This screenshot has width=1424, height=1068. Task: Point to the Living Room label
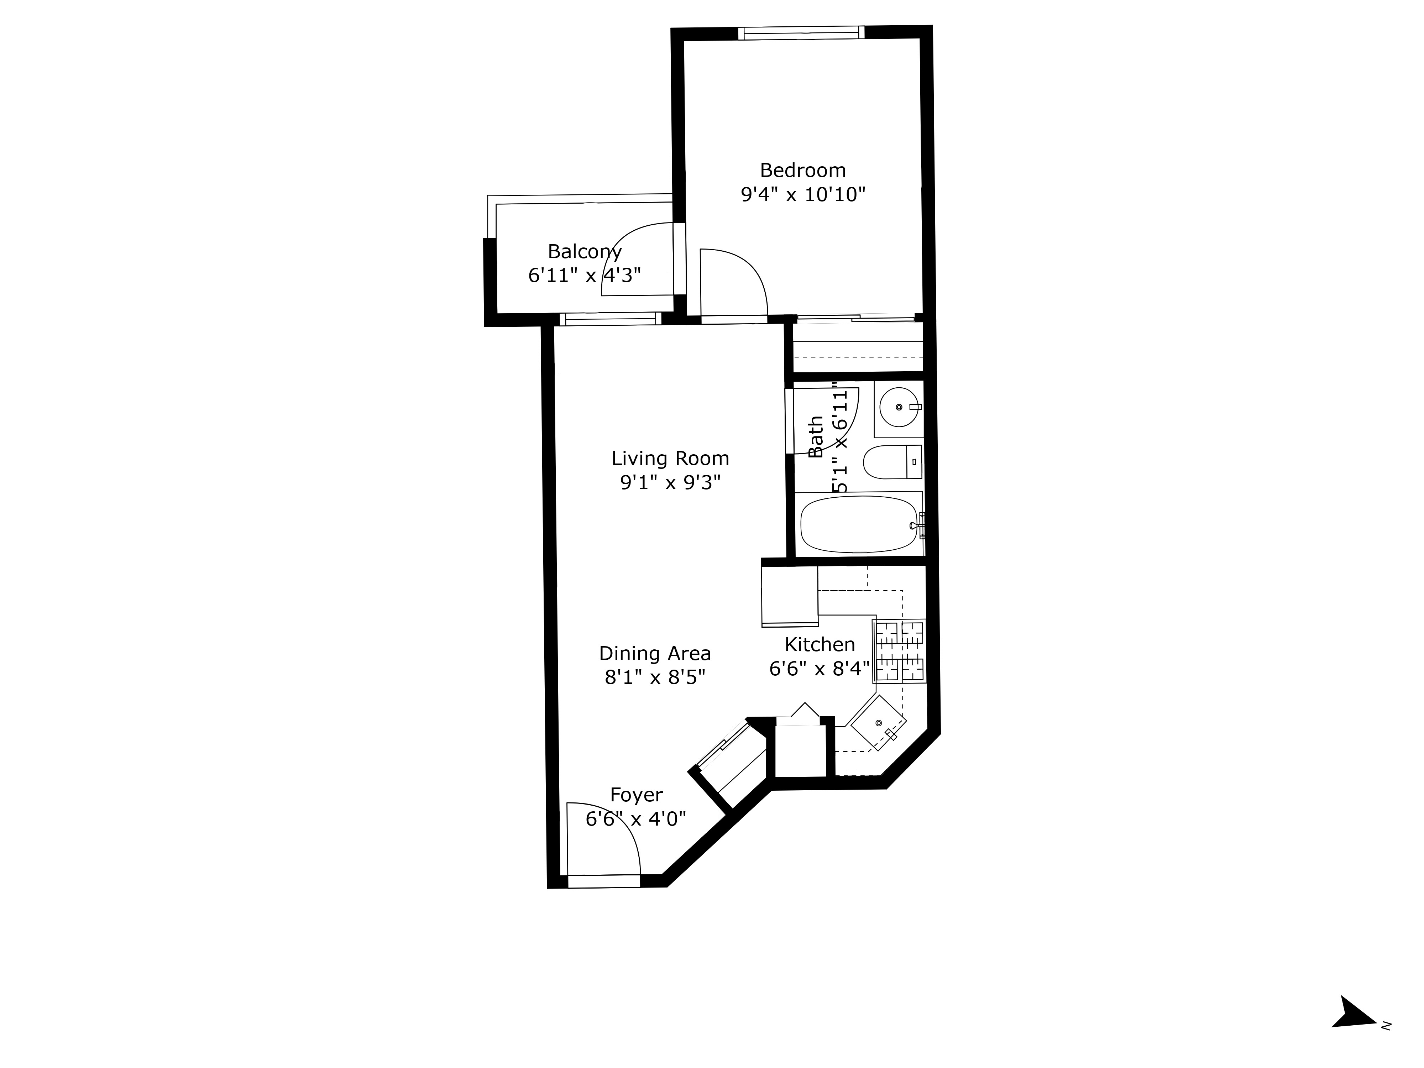(670, 459)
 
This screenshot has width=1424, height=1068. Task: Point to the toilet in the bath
(892, 462)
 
